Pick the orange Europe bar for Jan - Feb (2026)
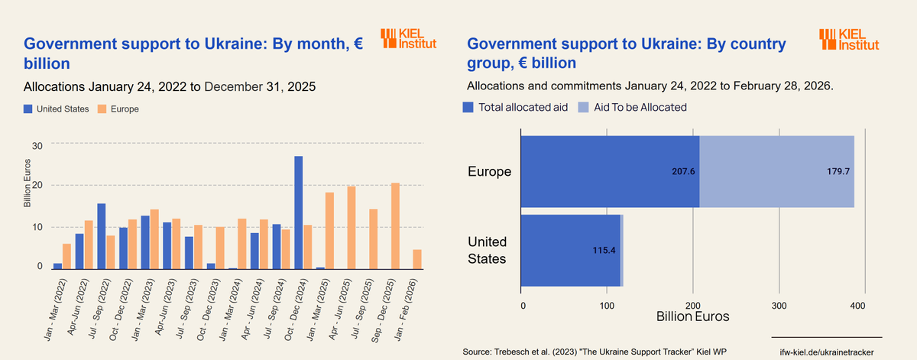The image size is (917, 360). (x=417, y=259)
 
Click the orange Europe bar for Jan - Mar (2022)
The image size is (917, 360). (x=66, y=256)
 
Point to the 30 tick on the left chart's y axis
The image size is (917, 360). (x=37, y=145)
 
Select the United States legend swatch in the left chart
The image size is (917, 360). (x=28, y=109)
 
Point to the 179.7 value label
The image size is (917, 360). (x=837, y=172)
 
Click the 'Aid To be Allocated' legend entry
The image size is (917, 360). (x=632, y=107)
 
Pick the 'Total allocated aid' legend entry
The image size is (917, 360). (x=516, y=107)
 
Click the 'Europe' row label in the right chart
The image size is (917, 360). (x=489, y=171)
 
